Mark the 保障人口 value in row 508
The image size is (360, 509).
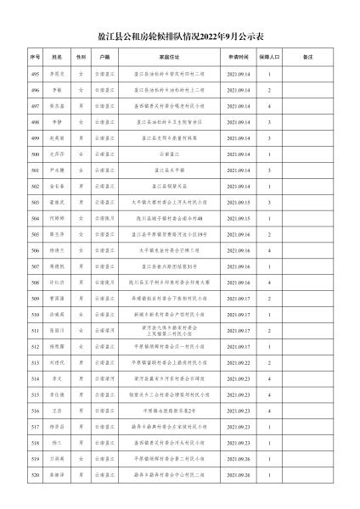point(270,282)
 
